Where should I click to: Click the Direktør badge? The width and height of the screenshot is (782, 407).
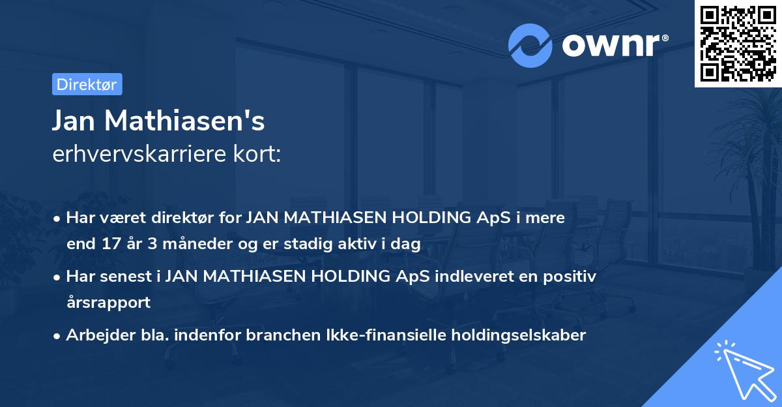point(86,84)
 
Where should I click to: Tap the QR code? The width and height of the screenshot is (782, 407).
point(738,43)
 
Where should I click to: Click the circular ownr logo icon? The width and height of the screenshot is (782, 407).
point(530,46)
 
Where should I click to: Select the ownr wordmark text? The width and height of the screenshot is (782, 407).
point(614,46)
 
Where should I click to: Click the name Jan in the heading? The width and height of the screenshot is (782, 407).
point(74,121)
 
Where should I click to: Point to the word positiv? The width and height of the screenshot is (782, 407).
point(572,276)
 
